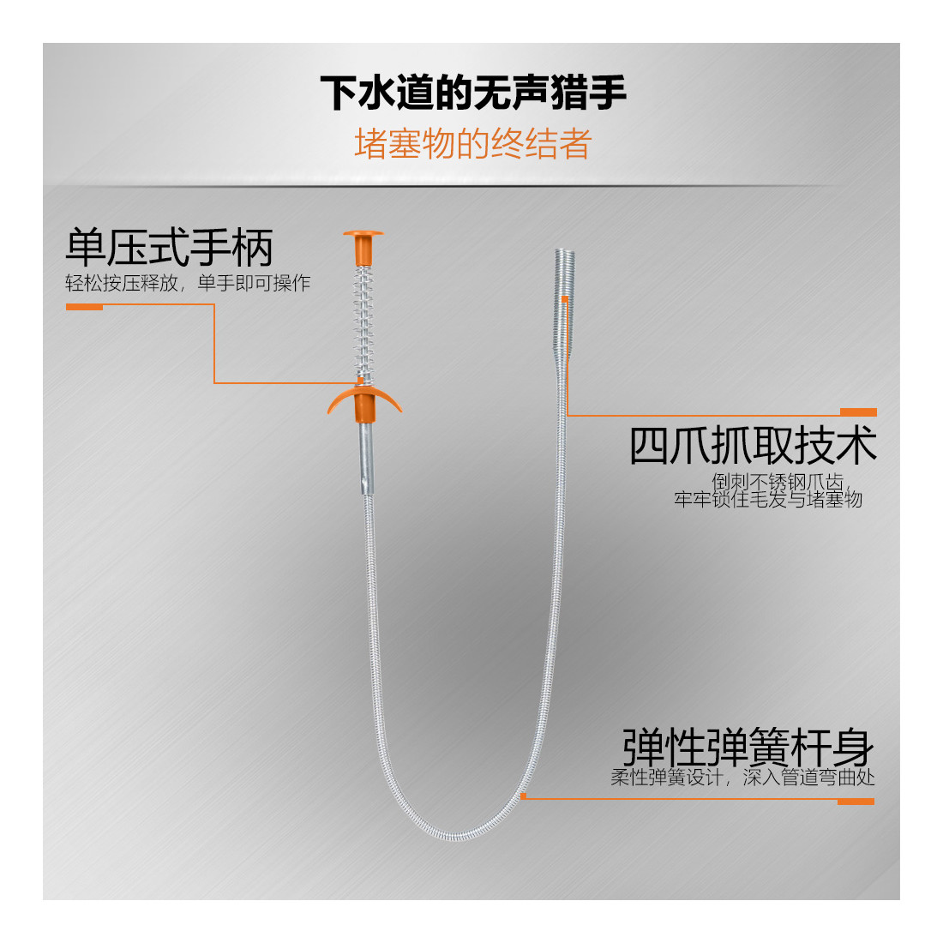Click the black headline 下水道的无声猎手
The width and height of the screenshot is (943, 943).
pos(473,93)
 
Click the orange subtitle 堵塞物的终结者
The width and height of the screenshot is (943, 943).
pos(473,144)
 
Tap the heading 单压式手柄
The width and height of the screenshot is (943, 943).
pos(170,248)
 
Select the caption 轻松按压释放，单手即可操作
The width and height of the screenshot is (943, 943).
pos(188,284)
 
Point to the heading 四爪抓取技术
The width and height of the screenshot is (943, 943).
pos(753,446)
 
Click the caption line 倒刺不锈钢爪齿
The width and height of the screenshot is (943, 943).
pos(778,482)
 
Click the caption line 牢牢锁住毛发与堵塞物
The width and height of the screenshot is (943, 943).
pos(768,499)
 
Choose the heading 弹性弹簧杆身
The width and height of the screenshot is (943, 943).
pos(748,747)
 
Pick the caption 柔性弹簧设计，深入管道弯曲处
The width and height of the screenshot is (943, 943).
pos(742,778)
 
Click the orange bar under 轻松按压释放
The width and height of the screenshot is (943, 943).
pos(84,306)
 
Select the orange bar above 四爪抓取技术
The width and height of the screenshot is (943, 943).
pos(858,412)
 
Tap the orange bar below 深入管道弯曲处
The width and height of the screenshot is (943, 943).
pos(856,802)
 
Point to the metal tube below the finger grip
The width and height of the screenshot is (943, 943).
pos(365,459)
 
